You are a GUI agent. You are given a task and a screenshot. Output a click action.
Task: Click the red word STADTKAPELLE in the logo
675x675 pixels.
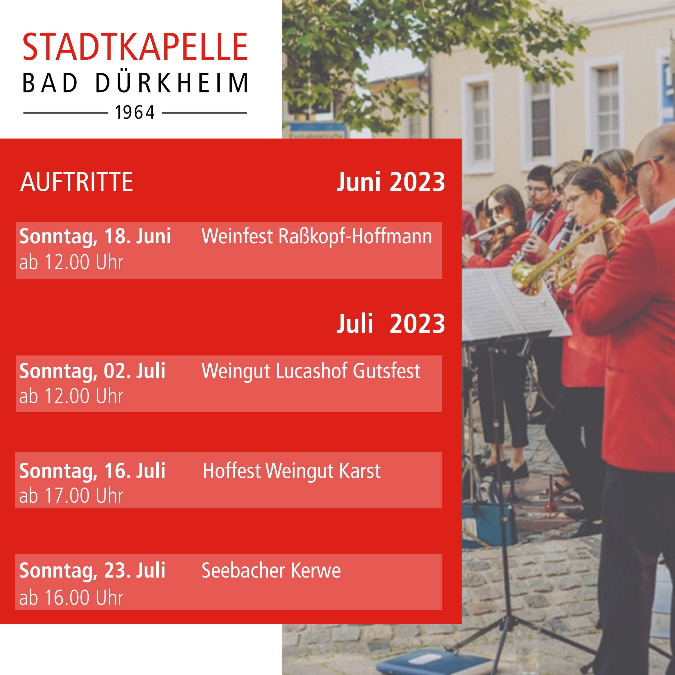click(135, 47)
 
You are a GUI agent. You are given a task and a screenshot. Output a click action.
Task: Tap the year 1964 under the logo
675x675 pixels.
click(135, 112)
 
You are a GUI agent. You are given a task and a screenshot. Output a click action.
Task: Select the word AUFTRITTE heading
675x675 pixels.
click(76, 182)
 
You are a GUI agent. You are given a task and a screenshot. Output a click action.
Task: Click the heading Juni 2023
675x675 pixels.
click(391, 182)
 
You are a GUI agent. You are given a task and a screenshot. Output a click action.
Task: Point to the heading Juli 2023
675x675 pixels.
click(391, 324)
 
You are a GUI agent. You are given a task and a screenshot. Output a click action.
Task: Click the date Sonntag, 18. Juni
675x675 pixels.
click(95, 237)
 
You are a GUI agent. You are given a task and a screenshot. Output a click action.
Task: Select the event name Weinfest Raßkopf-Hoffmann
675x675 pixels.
click(317, 237)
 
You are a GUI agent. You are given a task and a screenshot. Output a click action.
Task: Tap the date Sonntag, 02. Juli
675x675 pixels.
click(92, 371)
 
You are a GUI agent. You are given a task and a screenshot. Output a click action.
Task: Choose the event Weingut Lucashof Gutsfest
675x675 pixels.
click(311, 371)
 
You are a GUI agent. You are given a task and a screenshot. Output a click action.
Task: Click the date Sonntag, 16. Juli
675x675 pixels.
click(92, 471)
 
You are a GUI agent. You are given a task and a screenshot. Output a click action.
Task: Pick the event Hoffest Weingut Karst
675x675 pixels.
click(292, 471)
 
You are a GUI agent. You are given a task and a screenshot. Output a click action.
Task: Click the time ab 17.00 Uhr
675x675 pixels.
click(71, 495)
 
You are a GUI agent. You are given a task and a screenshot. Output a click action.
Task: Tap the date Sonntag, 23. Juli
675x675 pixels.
click(92, 571)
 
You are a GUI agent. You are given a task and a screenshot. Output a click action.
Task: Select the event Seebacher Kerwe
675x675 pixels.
click(271, 571)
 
